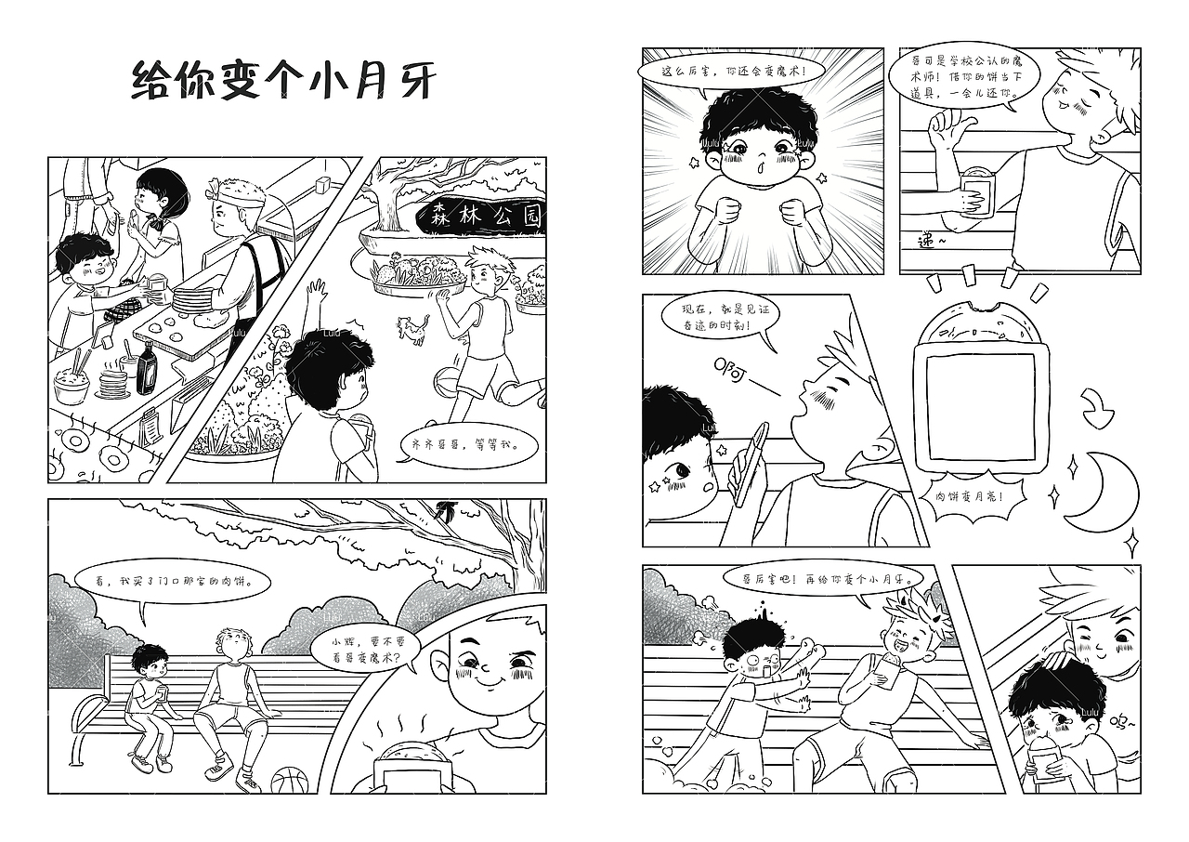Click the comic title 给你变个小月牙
click(282, 80)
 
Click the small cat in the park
click(412, 328)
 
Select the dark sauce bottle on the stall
click(147, 368)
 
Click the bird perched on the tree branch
click(446, 510)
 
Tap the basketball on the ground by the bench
click(289, 781)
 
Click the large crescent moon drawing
click(1096, 486)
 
